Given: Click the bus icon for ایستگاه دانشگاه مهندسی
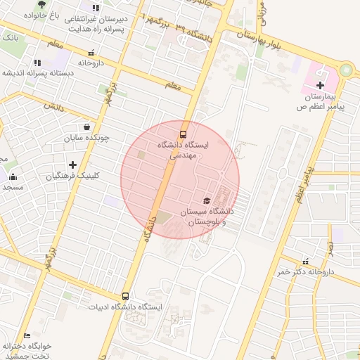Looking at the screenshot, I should tap(183, 133).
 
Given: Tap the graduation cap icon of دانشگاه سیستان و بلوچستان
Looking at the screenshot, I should tap(206, 201).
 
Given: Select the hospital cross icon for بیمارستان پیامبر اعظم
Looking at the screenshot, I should tap(320, 85).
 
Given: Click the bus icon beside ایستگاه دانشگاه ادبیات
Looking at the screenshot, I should tap(126, 297).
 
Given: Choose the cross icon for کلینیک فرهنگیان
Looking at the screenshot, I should tap(72, 165).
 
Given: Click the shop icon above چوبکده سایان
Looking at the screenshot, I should tap(86, 128).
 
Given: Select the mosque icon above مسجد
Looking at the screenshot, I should tap(13, 176).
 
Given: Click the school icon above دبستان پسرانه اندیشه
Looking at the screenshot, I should tap(37, 63).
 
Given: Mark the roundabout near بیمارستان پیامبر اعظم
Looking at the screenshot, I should tap(345, 70).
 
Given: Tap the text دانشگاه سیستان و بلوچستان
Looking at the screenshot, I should tap(207, 216).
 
